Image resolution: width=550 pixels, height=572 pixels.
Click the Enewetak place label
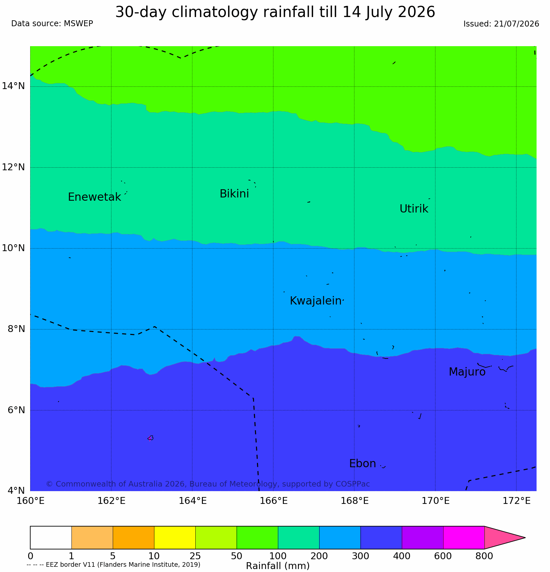(x=94, y=197)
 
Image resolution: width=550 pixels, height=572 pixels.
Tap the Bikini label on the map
(x=234, y=194)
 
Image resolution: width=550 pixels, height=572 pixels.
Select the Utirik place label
(x=414, y=209)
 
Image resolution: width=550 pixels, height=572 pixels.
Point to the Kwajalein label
(x=316, y=301)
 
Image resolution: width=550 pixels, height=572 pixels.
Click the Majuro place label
(x=467, y=372)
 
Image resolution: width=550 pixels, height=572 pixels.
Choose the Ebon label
(x=363, y=464)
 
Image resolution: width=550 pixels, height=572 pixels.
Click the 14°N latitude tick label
(x=13, y=86)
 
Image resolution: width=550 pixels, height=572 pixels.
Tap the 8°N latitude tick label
(x=16, y=329)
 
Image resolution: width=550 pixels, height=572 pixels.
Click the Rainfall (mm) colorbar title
(x=278, y=566)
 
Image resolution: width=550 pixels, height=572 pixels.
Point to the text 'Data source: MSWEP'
(x=52, y=24)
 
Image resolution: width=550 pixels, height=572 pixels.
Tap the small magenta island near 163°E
(x=150, y=438)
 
